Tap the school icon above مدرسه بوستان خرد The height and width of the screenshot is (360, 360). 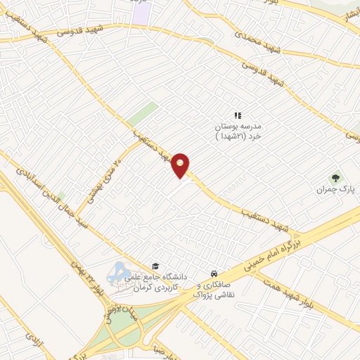point(237,115)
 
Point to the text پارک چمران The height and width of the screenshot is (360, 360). point(333,191)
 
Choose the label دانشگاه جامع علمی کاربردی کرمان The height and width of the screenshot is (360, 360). point(155,283)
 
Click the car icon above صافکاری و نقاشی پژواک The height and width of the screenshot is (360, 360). point(213,274)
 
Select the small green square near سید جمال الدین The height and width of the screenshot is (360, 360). point(62,197)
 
